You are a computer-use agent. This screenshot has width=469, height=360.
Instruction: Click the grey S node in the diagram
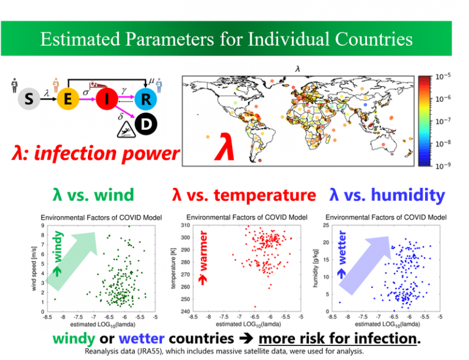29,99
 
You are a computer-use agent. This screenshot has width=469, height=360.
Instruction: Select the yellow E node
68,99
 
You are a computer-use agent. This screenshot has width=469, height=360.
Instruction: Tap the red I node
107,99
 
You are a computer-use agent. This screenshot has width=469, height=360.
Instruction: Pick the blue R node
146,99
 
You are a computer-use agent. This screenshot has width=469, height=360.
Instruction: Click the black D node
146,124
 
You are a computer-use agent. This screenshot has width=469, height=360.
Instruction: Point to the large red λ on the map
224,146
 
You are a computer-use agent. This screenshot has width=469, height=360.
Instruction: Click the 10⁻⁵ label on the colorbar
443,76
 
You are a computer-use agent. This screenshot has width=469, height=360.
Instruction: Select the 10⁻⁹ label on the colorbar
443,165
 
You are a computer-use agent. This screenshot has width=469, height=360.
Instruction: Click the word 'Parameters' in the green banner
170,39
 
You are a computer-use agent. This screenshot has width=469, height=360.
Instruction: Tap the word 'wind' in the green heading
114,195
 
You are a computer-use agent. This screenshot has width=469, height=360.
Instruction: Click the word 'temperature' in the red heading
264,196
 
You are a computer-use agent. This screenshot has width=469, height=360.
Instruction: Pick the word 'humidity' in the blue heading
408,196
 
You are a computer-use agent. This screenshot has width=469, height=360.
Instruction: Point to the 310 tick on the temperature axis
186,225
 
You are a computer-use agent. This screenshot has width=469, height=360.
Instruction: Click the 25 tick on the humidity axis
326,225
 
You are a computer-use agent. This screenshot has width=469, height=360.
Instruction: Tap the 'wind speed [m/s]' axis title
34,268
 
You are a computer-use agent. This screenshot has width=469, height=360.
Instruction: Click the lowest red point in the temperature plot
255,306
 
